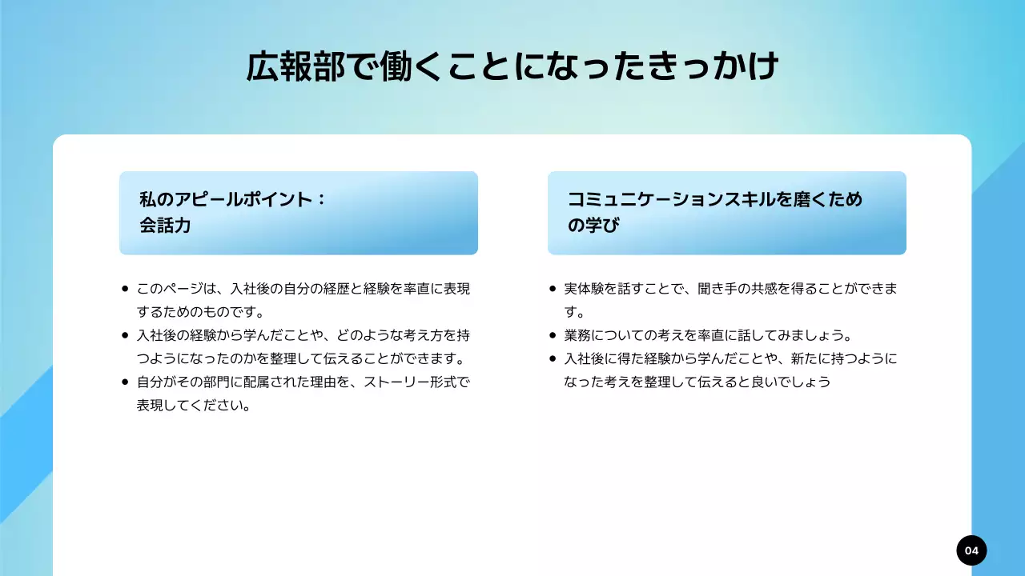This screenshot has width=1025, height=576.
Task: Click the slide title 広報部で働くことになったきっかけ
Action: (x=512, y=68)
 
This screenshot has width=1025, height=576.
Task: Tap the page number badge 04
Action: (x=971, y=550)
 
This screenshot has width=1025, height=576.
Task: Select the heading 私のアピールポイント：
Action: (x=232, y=199)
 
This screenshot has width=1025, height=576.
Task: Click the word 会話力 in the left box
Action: (x=165, y=226)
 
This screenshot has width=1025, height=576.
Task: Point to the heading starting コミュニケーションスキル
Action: (x=715, y=199)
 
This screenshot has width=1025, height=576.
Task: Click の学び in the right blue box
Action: (x=593, y=226)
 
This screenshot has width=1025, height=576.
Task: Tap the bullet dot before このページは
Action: (x=125, y=289)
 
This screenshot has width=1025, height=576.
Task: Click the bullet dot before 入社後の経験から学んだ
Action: (x=125, y=335)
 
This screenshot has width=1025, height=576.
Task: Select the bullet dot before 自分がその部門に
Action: (x=125, y=382)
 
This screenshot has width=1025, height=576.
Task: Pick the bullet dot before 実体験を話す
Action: (x=553, y=289)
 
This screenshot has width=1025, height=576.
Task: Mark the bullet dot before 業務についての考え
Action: (x=553, y=335)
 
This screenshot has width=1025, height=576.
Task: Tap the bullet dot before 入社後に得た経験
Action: (x=553, y=359)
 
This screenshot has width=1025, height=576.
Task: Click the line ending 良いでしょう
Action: (x=697, y=382)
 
